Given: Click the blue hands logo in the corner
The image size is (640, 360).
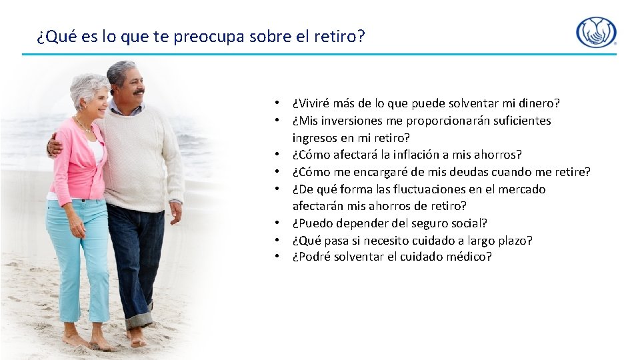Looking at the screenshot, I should pos(596,32).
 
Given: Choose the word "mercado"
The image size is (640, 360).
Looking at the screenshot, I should pos(522,189).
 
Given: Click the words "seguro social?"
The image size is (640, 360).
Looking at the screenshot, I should pos(448,223).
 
